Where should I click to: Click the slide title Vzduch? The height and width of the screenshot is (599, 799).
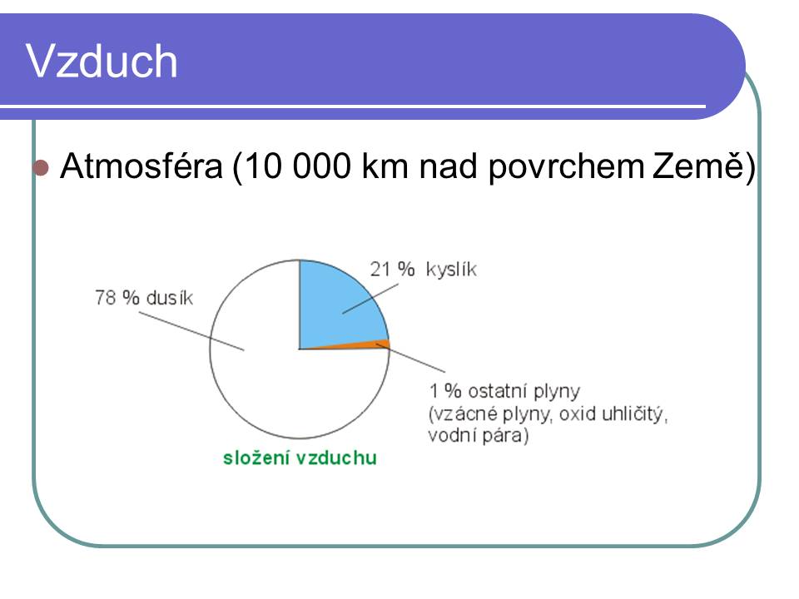(102, 61)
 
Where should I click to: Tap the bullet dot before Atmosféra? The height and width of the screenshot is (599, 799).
(40, 167)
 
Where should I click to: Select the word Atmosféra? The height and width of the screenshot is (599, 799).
(141, 166)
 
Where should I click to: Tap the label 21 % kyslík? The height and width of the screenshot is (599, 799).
(423, 270)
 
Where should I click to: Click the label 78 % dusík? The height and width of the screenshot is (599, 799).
(144, 298)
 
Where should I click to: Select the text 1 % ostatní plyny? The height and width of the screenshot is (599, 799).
(504, 392)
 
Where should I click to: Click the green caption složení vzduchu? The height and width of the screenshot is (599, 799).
(300, 458)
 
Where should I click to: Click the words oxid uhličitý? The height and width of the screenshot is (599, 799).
(613, 414)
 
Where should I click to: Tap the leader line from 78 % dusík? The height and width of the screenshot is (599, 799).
(191, 331)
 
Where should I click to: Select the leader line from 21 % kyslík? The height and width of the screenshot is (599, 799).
(370, 299)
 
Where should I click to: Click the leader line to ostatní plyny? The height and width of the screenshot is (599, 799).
(410, 358)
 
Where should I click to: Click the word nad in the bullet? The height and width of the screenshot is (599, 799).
(448, 166)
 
